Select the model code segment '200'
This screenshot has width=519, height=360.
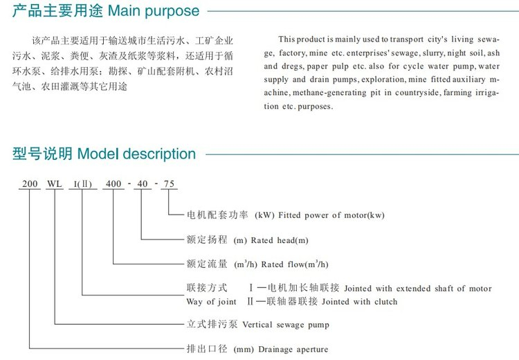pos(30,185)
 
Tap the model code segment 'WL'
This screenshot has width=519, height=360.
pos(55,185)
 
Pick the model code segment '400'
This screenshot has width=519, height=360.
pos(113,185)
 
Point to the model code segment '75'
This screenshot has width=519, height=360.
pos(170,185)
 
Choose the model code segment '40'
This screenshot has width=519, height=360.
pos(141,185)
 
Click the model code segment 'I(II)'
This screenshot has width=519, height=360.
pos(82,185)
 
